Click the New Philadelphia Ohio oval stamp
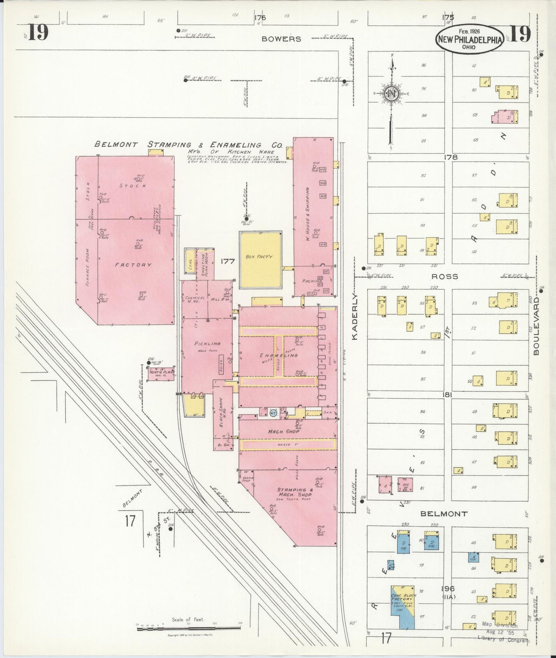tap(469, 40)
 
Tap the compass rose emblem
tap(391, 94)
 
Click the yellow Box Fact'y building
tap(260, 260)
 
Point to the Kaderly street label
tap(355, 317)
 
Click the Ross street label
tap(444, 276)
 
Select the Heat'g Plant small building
tap(161, 374)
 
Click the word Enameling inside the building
tap(279, 355)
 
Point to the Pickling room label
tap(207, 344)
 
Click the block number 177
tap(227, 261)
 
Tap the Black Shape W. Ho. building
tap(223, 418)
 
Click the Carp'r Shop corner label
tap(246, 479)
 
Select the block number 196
tap(448, 588)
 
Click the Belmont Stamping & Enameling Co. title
tap(189, 145)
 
